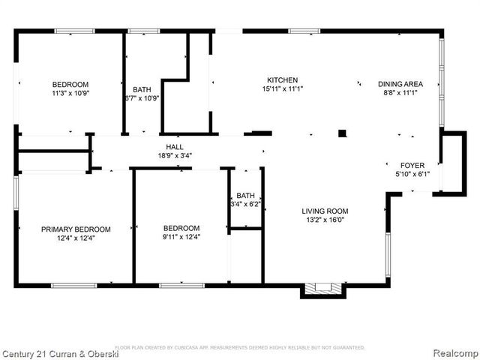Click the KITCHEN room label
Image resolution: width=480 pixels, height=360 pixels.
(283, 80)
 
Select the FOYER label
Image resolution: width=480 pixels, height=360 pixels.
(412, 165)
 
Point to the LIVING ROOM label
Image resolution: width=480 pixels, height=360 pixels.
(325, 211)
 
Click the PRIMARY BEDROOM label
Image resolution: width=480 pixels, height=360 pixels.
(76, 229)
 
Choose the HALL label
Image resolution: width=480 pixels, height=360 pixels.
(175, 147)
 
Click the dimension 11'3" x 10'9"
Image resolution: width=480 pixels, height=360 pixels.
(70, 94)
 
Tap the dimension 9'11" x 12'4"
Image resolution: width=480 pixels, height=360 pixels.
(181, 237)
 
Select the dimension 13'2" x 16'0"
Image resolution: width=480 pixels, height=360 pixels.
(325, 220)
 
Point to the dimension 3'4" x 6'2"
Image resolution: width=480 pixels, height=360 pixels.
(245, 203)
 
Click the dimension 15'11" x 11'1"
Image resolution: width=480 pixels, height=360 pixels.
(283, 89)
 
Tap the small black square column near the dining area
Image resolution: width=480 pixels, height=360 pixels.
(342, 133)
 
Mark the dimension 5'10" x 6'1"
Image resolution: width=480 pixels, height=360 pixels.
(412, 174)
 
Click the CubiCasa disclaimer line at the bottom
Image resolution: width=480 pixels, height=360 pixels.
(240, 347)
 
